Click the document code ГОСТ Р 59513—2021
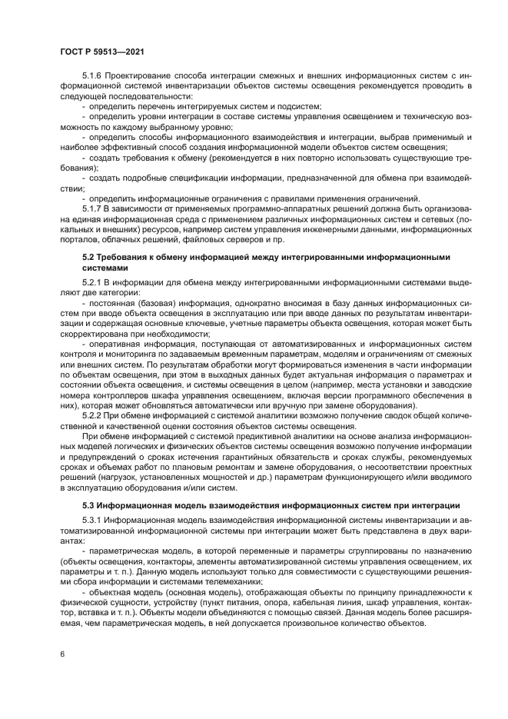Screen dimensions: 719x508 [x=102, y=52]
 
